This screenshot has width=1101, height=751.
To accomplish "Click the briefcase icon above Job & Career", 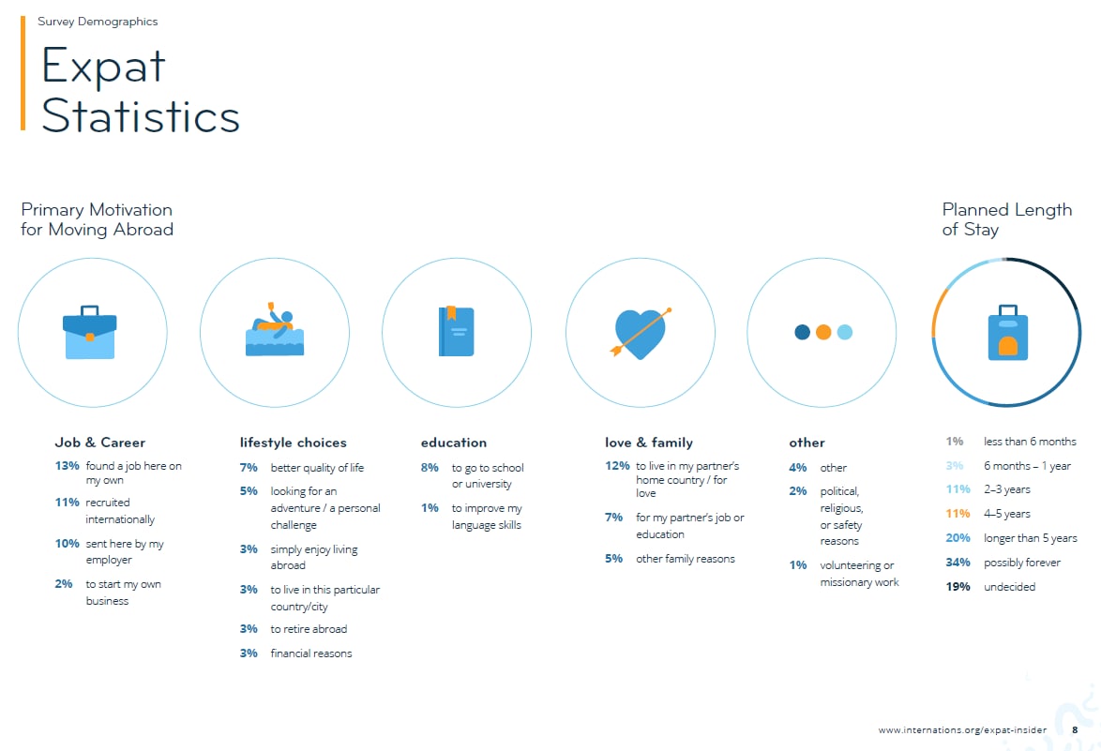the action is point(90,333).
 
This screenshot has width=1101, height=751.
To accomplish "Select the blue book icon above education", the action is point(457,331).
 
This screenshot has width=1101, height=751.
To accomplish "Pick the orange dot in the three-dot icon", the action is point(823,332).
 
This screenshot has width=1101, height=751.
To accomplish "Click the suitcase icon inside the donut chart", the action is point(1007,333).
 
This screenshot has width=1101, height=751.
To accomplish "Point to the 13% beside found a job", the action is point(67,465).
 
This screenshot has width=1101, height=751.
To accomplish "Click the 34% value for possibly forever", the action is point(958,563).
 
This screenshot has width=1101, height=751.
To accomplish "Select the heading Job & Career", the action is point(100,443).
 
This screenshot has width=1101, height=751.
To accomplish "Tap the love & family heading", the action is point(649,443).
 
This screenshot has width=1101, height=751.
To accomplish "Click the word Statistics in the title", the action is point(141,116).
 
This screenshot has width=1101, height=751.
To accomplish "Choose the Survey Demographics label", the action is point(98,22).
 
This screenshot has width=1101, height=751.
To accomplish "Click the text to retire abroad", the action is point(309,629).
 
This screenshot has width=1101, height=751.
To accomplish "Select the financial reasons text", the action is point(311,653).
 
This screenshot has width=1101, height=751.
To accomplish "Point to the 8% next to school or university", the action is point(430,468).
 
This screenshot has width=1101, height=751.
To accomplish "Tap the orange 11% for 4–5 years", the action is point(958,514).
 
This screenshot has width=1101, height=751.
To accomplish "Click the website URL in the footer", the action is point(962,730).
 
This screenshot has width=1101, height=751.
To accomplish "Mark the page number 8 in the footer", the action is point(1075,730).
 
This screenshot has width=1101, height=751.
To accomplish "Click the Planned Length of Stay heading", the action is point(1007,219).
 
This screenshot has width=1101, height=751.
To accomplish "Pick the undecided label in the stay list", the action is point(1010,587).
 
